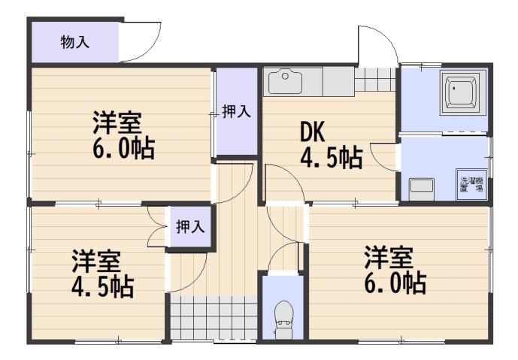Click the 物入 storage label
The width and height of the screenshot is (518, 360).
pos(74,42)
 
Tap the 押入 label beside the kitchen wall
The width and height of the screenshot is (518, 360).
pos(236,112)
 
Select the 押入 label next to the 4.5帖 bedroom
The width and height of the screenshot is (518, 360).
pos(189,226)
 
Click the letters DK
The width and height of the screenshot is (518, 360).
pos(312,132)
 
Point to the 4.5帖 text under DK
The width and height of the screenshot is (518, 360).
pos(331,159)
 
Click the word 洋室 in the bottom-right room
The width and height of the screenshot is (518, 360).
pos(389,259)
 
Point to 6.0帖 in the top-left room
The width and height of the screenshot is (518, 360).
pos(124,148)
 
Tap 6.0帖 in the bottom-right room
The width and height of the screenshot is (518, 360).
pos(396,283)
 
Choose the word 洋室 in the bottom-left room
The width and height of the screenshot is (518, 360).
pos(96,262)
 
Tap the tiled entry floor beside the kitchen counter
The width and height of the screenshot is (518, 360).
pos(374,77)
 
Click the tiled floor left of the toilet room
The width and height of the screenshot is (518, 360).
pos(212,319)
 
